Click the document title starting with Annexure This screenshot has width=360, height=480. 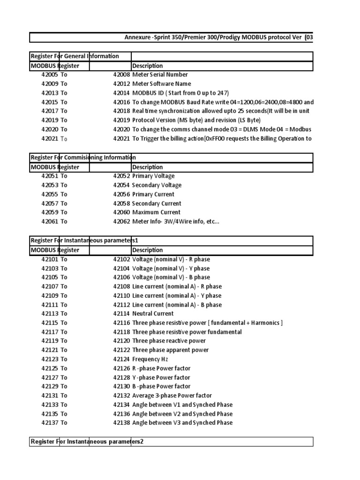(218, 37)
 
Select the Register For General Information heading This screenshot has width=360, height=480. (75, 56)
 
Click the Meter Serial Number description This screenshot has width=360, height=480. (160, 75)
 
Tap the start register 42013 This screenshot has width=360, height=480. (49, 93)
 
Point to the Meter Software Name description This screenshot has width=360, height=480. (162, 84)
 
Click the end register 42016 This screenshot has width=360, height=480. (121, 102)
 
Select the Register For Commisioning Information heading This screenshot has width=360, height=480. (83, 157)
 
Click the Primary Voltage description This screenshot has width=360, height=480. (153, 176)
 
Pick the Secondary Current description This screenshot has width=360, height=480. (157, 203)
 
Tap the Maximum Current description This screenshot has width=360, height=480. (156, 212)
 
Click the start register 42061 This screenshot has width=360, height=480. (49, 222)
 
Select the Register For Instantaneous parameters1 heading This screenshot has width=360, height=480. (84, 240)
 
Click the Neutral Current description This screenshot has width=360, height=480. (153, 314)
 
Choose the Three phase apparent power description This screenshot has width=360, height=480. (171, 350)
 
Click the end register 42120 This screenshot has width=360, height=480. (121, 341)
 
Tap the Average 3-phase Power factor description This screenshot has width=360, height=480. (172, 396)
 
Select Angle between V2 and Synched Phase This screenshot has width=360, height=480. (182, 414)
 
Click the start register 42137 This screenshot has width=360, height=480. (49, 423)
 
